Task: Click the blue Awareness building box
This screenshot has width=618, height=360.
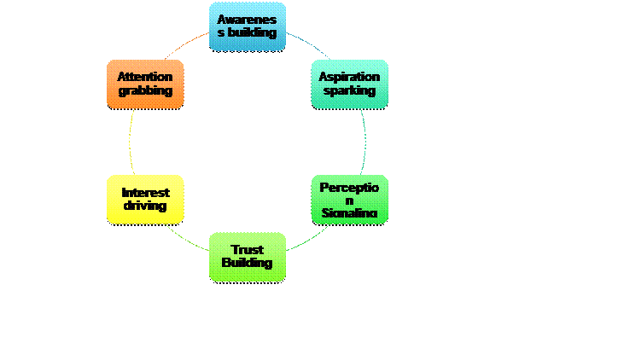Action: (248, 26)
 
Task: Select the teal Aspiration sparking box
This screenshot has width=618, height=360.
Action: (350, 84)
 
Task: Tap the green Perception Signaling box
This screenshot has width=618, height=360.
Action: (350, 200)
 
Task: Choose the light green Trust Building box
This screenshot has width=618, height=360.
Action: (248, 256)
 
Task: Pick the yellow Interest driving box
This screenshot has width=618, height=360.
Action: (145, 200)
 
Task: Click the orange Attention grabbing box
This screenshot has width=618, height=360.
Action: (145, 84)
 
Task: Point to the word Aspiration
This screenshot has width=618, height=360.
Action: (350, 77)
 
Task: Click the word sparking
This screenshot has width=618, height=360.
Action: (350, 90)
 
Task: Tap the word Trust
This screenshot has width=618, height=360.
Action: (248, 249)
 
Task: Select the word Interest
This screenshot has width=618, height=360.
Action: (145, 193)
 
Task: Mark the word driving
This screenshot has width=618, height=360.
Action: (145, 206)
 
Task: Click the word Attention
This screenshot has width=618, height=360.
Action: (145, 77)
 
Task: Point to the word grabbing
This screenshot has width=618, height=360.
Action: (145, 90)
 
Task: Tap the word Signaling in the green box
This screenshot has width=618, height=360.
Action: (350, 212)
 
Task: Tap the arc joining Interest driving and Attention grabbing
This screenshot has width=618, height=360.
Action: (130, 142)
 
